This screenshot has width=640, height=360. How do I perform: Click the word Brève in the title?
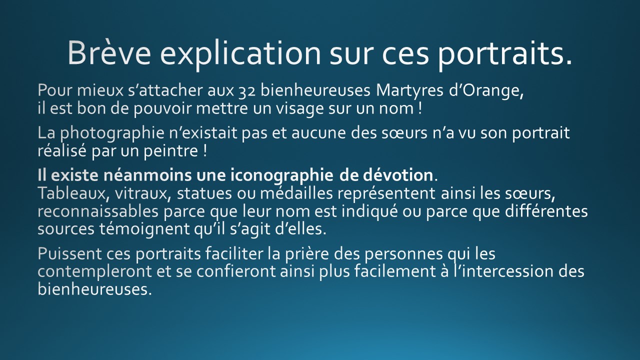tap(109, 53)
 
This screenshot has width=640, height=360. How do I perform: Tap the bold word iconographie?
tap(281, 175)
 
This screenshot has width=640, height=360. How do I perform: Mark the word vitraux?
tap(143, 193)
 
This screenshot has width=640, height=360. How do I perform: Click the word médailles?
tap(296, 193)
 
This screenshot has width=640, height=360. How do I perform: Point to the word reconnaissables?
tap(98, 211)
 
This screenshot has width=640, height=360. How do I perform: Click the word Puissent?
tap(69, 253)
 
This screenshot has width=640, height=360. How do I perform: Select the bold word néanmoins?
tap(147, 175)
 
